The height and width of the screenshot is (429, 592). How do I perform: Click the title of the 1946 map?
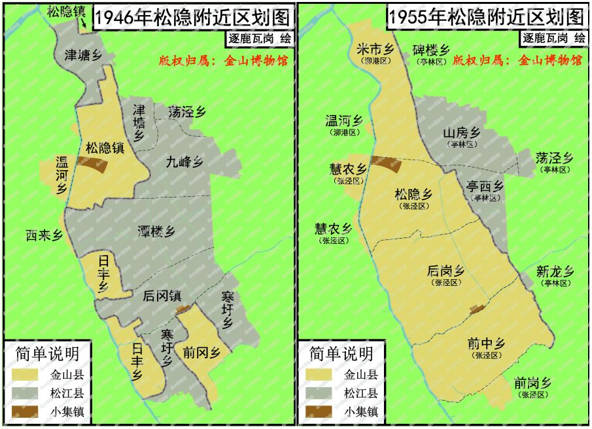[192, 18]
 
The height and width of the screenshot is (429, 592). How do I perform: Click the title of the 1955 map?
[485, 18]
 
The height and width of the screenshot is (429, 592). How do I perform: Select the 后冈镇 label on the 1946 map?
[162, 296]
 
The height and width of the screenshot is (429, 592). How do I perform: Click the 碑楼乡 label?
[430, 50]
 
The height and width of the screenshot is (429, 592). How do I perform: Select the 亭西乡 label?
[485, 186]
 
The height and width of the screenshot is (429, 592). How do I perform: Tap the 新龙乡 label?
[555, 271]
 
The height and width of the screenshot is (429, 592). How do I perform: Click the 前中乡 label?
[485, 344]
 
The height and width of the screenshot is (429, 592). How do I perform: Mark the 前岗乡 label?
[532, 384]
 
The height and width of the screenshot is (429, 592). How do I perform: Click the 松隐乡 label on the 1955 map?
[413, 194]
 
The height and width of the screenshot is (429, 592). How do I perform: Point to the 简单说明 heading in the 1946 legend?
[47, 354]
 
